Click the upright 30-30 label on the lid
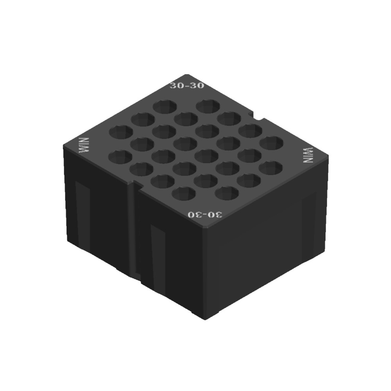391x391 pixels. [187, 86]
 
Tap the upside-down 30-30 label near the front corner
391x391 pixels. [205, 215]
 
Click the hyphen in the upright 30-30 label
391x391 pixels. [187, 86]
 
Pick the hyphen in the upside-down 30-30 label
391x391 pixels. [206, 215]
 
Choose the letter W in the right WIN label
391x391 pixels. [309, 150]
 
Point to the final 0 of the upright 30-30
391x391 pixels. [200, 86]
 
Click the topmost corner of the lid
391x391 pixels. [187, 74]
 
